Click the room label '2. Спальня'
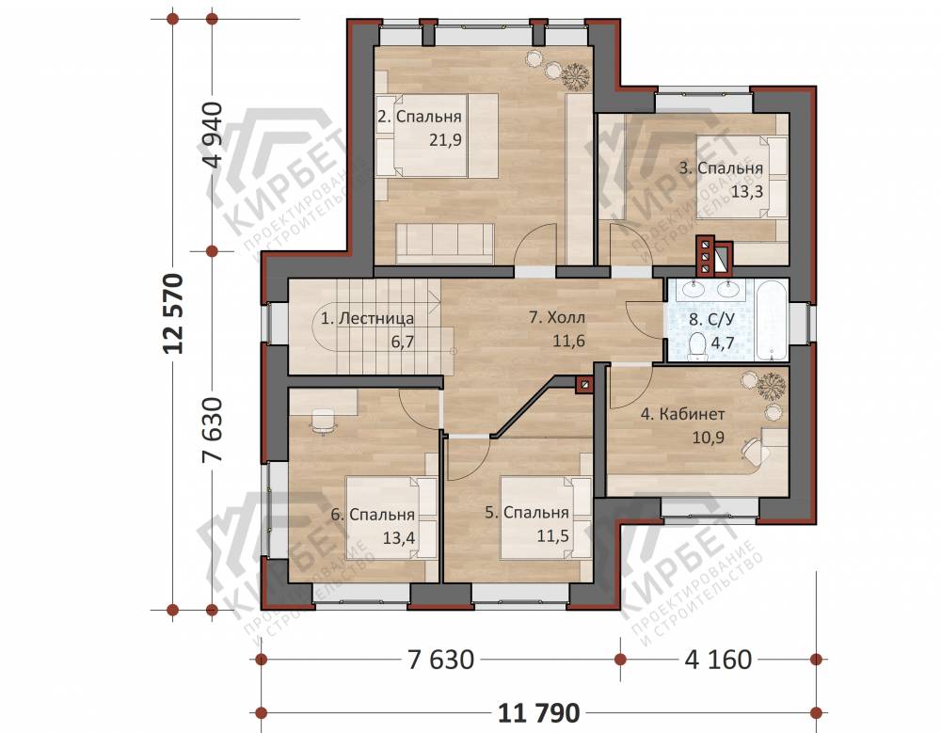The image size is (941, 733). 420,117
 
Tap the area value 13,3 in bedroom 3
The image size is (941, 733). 747,192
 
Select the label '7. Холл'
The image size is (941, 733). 557,317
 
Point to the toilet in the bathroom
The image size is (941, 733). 697,347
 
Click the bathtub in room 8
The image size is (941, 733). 773,321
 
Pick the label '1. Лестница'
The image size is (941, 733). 367,318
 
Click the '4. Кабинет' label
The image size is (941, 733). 682,414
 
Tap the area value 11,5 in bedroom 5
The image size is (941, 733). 552,535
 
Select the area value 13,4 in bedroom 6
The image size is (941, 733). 398,537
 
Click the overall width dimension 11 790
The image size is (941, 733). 539,713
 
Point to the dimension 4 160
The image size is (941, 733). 718,660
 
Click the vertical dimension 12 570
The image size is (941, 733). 173,313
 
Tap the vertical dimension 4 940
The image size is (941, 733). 213,135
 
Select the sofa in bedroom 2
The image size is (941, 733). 445,243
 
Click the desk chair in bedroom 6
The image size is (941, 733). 324,421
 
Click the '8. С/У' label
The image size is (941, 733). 711,319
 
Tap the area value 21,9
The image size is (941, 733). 445,140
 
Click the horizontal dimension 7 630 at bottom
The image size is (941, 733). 440,660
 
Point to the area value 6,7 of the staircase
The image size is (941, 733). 403,342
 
